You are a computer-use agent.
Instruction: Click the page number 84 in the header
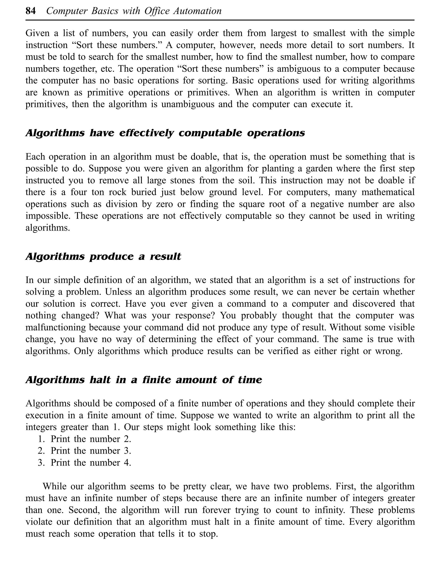[x=31, y=11]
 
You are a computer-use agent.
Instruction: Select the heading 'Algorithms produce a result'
[x=103, y=257]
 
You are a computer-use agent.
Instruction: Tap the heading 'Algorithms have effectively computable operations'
[x=165, y=133]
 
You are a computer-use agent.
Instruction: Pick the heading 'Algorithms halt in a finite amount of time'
[x=144, y=380]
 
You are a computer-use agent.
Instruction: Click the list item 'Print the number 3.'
[x=91, y=451]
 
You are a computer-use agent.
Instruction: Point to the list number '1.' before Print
[x=41, y=439]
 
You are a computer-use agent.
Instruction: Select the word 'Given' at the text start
[x=38, y=33]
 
